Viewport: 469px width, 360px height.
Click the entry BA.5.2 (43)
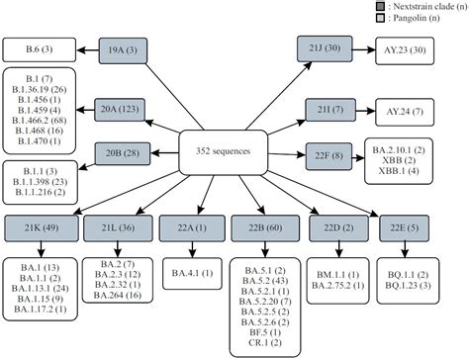259,280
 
